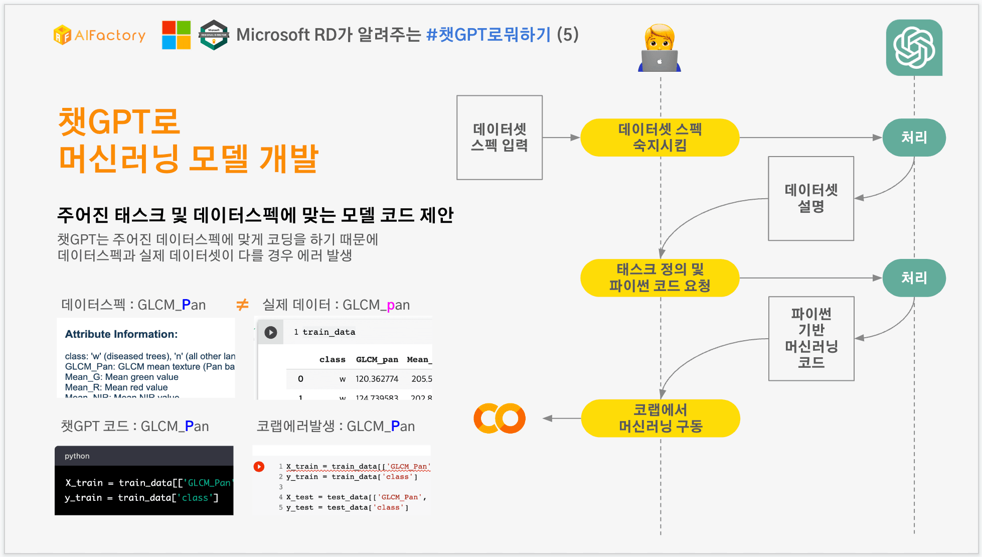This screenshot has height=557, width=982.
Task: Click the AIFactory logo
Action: click(x=99, y=35)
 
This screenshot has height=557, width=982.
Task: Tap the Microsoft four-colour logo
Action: click(x=176, y=35)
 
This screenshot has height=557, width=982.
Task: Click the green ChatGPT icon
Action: click(x=914, y=48)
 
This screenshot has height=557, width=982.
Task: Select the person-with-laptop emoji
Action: click(x=660, y=49)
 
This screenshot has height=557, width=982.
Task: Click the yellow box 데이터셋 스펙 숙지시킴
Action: click(x=660, y=137)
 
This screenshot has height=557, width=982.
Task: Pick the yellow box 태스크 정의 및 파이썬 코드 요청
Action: click(x=660, y=278)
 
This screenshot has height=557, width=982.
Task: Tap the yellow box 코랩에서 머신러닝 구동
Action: click(x=660, y=419)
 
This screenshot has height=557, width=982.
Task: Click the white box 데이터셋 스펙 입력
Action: click(x=499, y=137)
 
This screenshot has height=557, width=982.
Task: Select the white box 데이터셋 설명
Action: click(x=810, y=198)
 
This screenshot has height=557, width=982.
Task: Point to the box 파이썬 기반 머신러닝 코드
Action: click(x=811, y=338)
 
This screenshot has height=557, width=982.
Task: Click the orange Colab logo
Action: click(x=500, y=419)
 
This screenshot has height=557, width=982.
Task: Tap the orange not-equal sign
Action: click(x=242, y=305)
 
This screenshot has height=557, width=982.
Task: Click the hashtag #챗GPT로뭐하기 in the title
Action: click(x=488, y=35)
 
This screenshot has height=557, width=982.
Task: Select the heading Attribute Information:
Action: click(x=121, y=334)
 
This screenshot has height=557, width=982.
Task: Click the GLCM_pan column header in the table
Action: click(x=377, y=359)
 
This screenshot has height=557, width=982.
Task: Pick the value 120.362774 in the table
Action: click(x=377, y=379)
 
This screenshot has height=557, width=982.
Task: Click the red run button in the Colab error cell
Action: click(x=259, y=467)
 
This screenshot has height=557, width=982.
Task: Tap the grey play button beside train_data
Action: click(x=270, y=332)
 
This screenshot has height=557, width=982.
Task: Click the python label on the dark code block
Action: click(x=77, y=456)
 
